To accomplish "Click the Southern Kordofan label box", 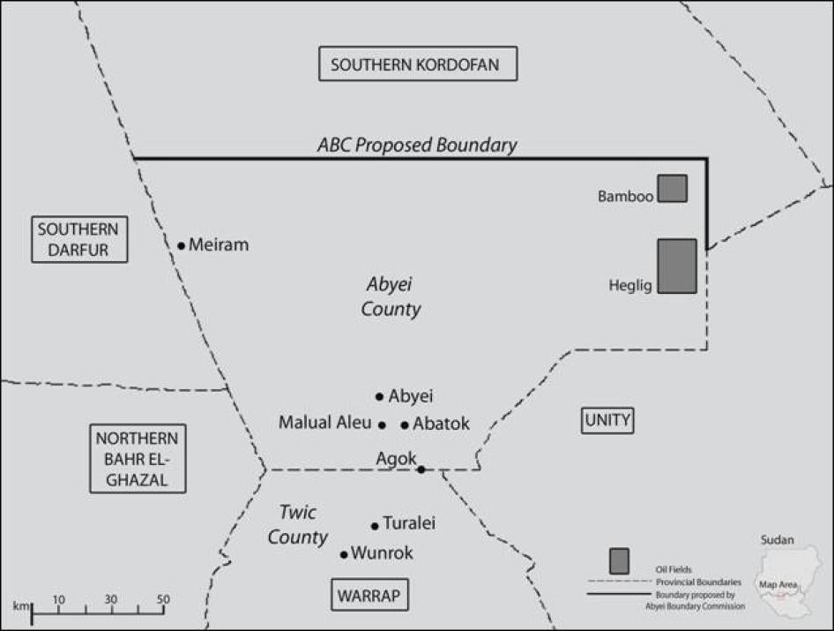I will pos(417,64).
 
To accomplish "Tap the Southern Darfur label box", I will pos(79,239).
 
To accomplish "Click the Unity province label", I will pos(607,420).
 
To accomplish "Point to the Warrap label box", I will pos(369,596).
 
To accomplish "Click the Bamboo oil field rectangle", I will pos(673,188).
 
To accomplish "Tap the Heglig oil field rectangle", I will pos(677,266).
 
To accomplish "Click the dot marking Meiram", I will pos(182,245).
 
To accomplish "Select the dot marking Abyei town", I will pos(380,396).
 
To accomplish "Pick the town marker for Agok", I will pos(421,469).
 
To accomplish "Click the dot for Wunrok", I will pos(344,554).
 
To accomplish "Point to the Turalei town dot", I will pos(375,525).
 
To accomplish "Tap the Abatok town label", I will pos(441,424).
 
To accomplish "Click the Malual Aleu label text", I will pos(325,423).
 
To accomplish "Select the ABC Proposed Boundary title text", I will pos(417,146).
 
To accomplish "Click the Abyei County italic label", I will pos(391,297).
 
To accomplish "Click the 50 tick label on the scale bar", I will pos(163,600).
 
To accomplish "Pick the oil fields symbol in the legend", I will pos(619,560).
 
